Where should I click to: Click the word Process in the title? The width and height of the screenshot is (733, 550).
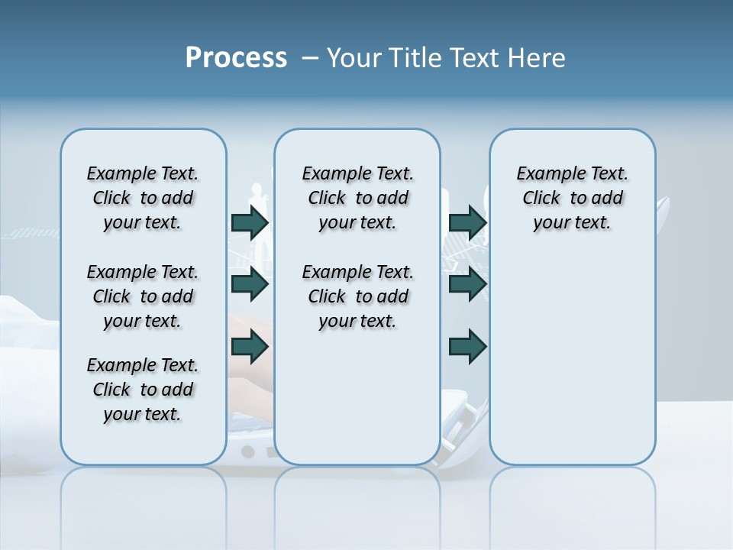pos(236,58)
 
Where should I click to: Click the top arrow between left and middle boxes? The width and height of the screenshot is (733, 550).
pos(250,223)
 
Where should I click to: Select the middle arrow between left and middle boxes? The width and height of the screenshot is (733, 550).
pos(250,285)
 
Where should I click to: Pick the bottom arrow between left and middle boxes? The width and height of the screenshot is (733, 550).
pos(250,347)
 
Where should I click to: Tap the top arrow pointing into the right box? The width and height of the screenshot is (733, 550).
pos(468,223)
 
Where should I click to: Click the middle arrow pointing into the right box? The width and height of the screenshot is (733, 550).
pos(468,285)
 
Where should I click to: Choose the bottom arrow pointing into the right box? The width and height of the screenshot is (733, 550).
pos(468,347)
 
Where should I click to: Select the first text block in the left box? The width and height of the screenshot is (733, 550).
pos(143,198)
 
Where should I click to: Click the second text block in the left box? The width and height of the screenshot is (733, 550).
pos(143,296)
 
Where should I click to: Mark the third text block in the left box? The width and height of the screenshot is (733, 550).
pos(143,390)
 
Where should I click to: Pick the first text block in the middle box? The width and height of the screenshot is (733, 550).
pos(357,198)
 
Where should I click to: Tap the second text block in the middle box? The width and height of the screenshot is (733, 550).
pos(357,296)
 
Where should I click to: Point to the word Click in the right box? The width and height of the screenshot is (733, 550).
pos(541,199)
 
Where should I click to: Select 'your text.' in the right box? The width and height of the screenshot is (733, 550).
pos(572,223)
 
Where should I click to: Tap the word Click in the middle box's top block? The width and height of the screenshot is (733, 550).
pos(327,199)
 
